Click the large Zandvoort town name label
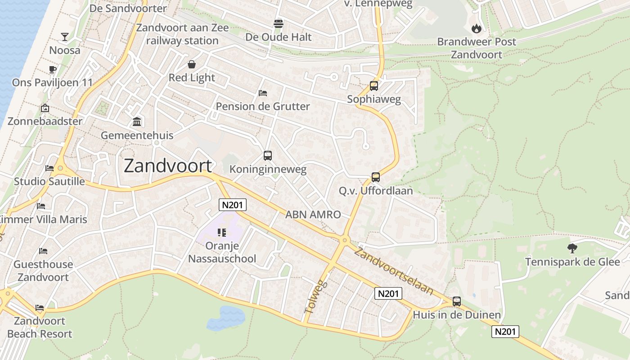[167, 166]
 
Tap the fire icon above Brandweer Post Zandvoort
[476, 29]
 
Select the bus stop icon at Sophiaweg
[373, 85]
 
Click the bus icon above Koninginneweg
[268, 156]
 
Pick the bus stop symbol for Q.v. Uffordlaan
[376, 177]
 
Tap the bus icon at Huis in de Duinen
[457, 301]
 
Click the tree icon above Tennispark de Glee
[572, 248]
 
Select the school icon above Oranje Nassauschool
[221, 232]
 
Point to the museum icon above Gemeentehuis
[137, 121]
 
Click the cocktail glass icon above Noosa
[65, 36]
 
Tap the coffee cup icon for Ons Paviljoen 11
[52, 69]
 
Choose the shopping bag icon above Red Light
[192, 64]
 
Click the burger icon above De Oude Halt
[278, 23]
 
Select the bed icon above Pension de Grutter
[263, 93]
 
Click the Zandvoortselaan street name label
[394, 271]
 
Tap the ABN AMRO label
[313, 215]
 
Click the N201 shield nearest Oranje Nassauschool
[233, 205]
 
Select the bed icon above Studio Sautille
[49, 168]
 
